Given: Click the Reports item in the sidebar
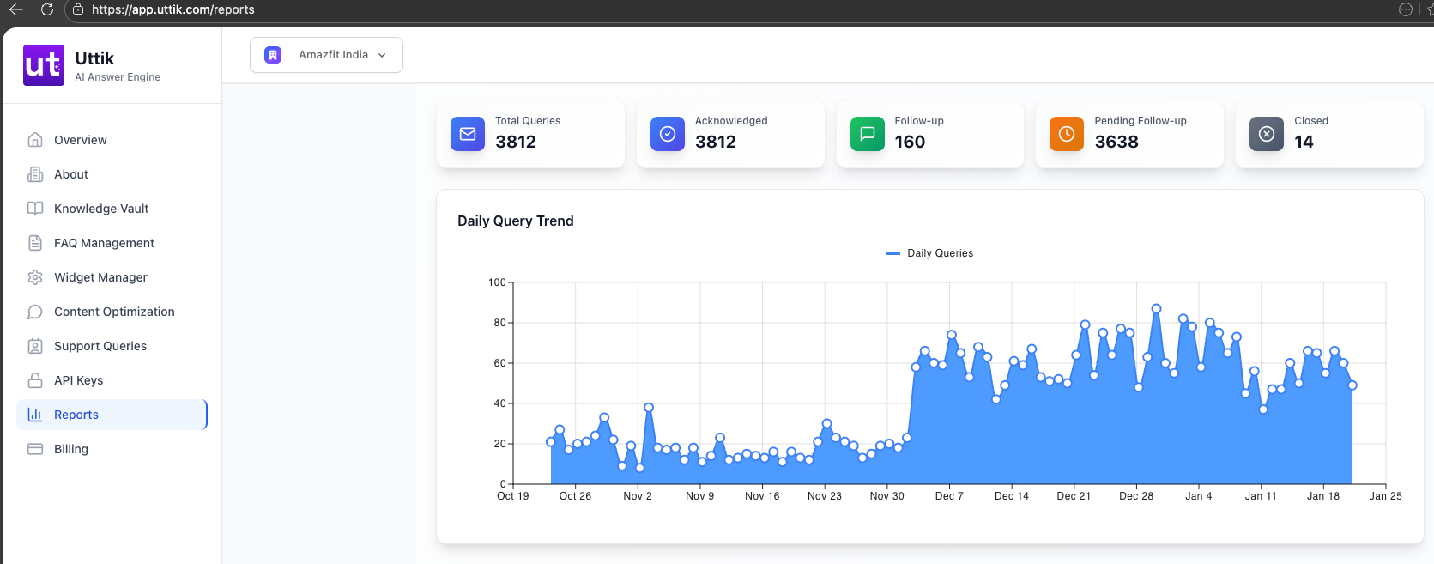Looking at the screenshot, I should [76, 415].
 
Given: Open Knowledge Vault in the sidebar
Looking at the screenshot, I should [101, 209].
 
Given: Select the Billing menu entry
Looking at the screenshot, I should [71, 449].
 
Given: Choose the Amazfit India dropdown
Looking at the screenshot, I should [326, 55].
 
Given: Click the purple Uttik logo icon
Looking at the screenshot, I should [43, 65].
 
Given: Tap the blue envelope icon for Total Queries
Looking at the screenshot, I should [468, 134].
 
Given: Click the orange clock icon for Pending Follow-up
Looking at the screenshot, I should [1067, 134].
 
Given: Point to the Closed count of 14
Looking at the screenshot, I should [1304, 143].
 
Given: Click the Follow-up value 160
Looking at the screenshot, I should [910, 143].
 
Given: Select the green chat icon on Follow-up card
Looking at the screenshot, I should [868, 134].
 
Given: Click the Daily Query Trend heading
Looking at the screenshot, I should [515, 221].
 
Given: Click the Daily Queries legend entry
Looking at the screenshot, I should [930, 253].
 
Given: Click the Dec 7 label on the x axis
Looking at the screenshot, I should [949, 496].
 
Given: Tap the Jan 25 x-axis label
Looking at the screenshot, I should [1385, 496].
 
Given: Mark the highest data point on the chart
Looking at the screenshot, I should [1157, 308].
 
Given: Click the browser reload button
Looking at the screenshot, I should [47, 9].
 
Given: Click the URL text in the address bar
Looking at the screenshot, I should [172, 9].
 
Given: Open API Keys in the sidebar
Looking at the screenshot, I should [78, 380].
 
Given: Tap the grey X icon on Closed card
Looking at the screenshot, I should [1267, 134].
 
